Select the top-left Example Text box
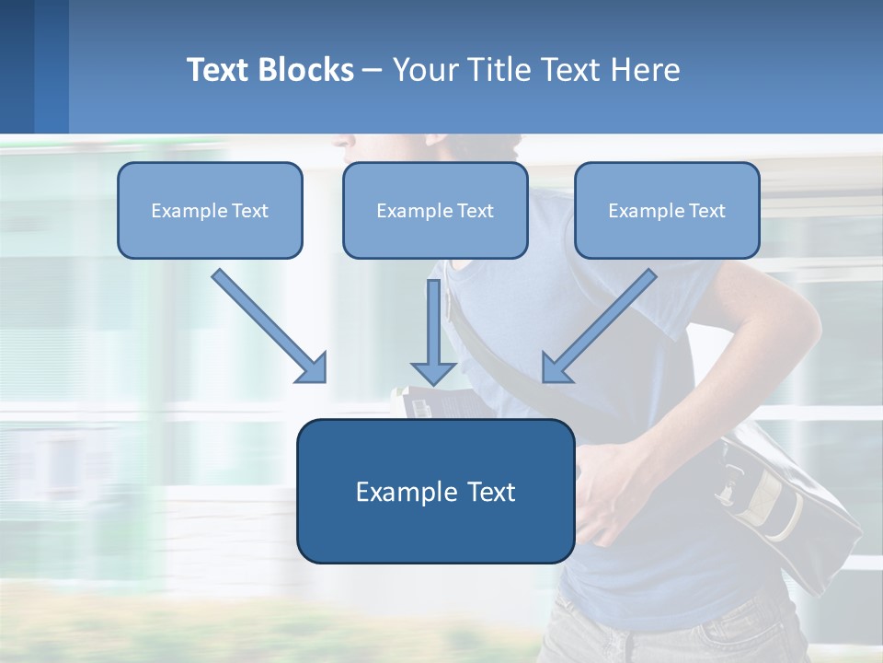210,211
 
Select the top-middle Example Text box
435,211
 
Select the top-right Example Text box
667,211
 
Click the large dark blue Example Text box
435,492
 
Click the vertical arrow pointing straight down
433,327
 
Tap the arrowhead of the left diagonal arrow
313,368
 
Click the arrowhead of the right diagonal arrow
556,368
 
